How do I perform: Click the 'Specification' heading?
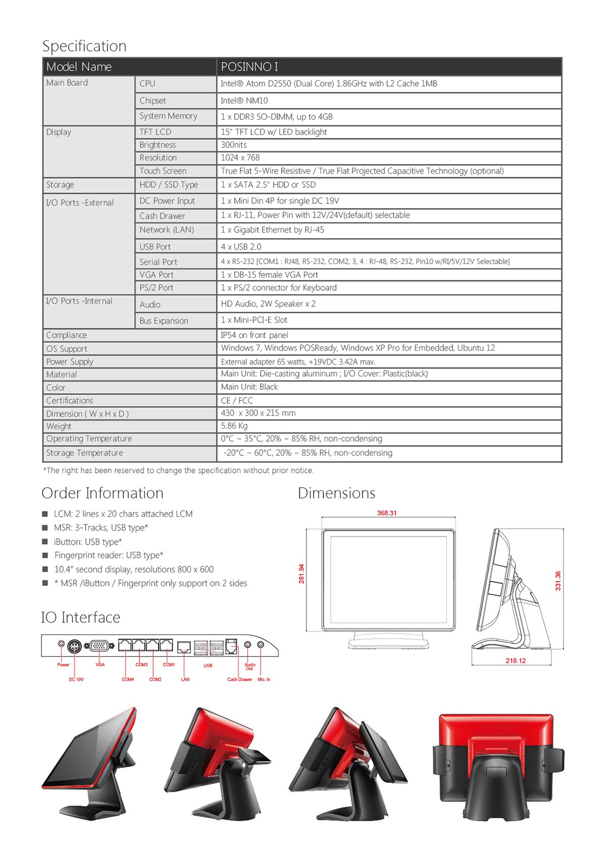pyautogui.click(x=84, y=46)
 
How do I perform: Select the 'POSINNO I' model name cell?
pyautogui.click(x=249, y=67)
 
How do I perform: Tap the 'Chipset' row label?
pyautogui.click(x=153, y=100)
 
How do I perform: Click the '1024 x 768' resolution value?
pyautogui.click(x=240, y=157)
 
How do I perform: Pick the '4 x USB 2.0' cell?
pyautogui.click(x=241, y=247)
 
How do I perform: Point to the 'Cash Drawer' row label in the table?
pyautogui.click(x=162, y=216)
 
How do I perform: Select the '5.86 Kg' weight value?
pyautogui.click(x=234, y=426)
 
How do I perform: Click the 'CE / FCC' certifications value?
pyautogui.click(x=237, y=400)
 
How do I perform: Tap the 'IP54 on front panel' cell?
pyautogui.click(x=255, y=335)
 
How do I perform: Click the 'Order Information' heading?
pyautogui.click(x=103, y=493)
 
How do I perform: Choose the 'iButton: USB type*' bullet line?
pyautogui.click(x=88, y=542)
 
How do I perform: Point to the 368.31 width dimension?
pyautogui.click(x=387, y=513)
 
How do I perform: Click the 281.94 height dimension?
pyautogui.click(x=301, y=574)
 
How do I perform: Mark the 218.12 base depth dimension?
pyautogui.click(x=516, y=660)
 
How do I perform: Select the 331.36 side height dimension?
pyautogui.click(x=558, y=581)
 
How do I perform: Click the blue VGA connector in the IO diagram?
pyautogui.click(x=99, y=646)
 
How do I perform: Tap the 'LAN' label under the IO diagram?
pyautogui.click(x=185, y=679)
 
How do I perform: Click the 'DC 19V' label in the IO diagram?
pyautogui.click(x=76, y=679)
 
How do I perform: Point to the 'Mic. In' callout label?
pyautogui.click(x=264, y=679)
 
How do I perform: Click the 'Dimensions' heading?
pyautogui.click(x=336, y=493)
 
